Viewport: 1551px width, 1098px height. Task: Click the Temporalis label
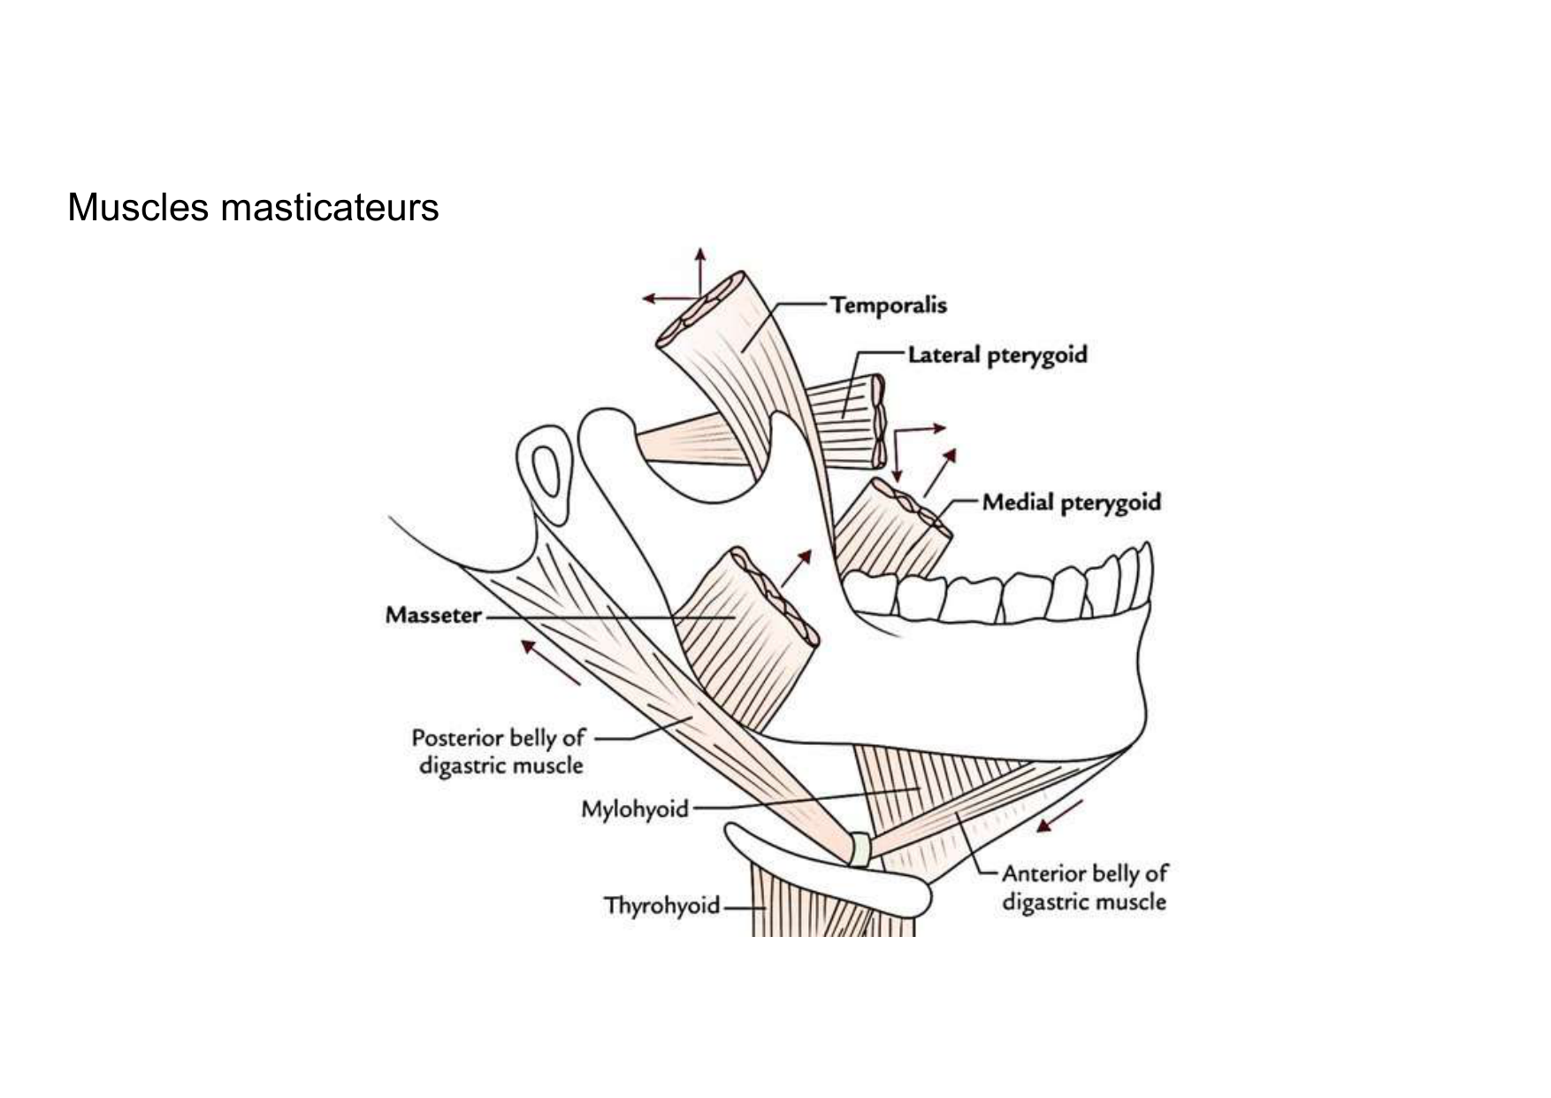click(x=888, y=305)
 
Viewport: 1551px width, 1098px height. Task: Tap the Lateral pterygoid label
click(x=997, y=356)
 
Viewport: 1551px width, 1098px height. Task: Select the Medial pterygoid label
click(x=1071, y=503)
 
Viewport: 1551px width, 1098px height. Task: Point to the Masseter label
click(x=433, y=615)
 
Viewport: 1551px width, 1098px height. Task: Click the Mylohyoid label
click(x=634, y=809)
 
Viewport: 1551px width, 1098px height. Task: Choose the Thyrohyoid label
click(x=661, y=906)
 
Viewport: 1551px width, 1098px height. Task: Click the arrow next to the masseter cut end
click(x=796, y=568)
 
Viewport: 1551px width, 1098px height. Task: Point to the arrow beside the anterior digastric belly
click(x=1059, y=816)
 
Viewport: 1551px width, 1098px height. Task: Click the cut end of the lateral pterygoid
click(x=877, y=421)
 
